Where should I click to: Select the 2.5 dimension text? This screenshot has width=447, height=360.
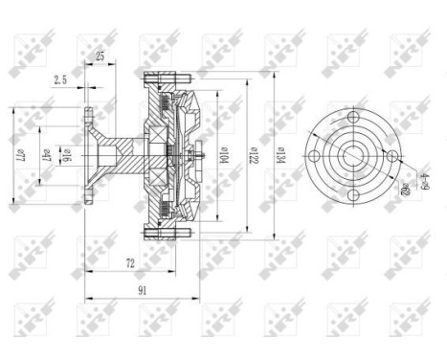pyautogui.click(x=60, y=81)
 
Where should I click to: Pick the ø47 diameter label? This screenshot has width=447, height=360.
pyautogui.click(x=47, y=154)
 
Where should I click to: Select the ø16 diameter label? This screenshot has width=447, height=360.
pyautogui.click(x=67, y=154)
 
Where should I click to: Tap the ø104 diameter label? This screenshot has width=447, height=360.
pyautogui.click(x=218, y=154)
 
